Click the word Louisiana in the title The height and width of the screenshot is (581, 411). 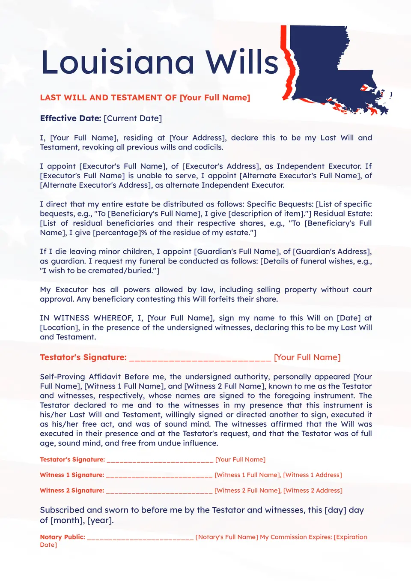(118, 63)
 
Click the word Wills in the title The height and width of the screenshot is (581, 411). (242, 63)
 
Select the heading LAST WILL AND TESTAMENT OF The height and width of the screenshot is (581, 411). (108, 98)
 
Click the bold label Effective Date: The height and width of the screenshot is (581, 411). (71, 118)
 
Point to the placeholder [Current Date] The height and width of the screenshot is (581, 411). (133, 118)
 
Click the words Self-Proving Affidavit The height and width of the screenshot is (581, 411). (80, 377)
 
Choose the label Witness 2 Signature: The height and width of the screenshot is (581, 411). (72, 490)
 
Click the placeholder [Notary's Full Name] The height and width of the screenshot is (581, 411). (226, 537)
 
